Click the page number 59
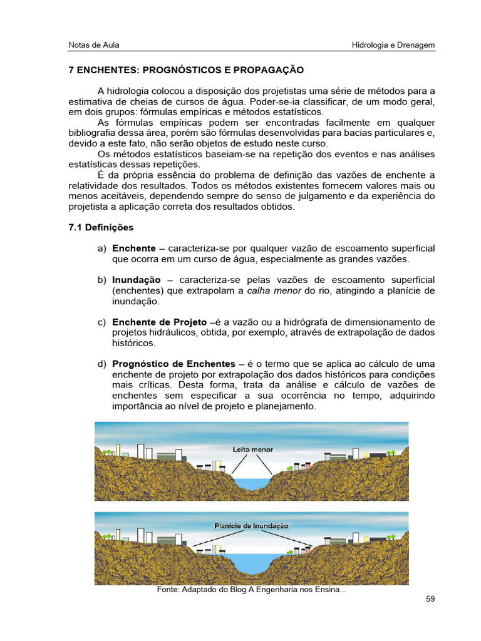(430, 599)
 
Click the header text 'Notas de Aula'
(93, 45)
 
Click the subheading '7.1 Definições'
(101, 227)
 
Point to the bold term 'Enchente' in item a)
(134, 249)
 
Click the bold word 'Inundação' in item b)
(137, 280)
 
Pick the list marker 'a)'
(102, 249)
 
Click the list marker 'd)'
(102, 364)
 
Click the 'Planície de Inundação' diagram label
(251, 526)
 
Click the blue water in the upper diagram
(251, 484)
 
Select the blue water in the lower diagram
(251, 560)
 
